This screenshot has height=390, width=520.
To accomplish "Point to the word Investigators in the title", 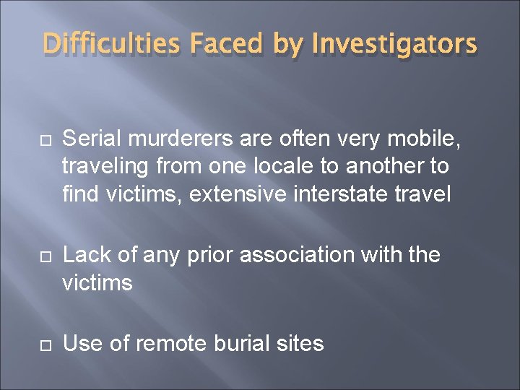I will (394, 45).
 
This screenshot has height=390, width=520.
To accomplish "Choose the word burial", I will (246, 344).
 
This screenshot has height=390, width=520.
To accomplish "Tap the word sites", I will (302, 344).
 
